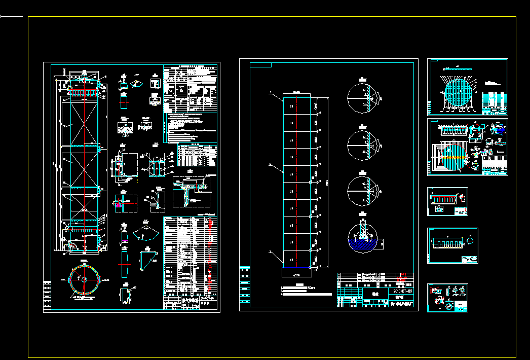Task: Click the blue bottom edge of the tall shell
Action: coord(296,267)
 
